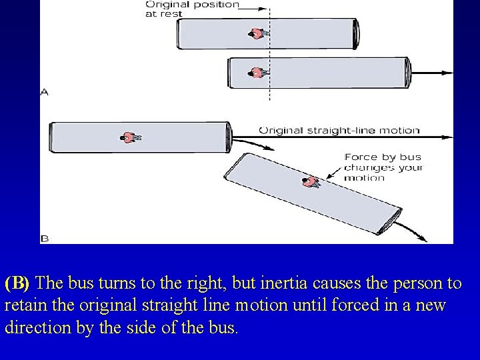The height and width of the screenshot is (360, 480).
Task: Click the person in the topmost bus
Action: [257, 33]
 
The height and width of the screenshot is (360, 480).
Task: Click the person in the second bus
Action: [257, 73]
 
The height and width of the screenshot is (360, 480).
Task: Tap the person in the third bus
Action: [130, 137]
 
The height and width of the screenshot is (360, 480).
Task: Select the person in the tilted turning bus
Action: [309, 181]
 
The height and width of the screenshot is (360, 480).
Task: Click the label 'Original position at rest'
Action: [192, 9]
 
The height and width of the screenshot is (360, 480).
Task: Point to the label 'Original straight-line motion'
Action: [339, 130]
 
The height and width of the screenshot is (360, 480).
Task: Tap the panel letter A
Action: [44, 92]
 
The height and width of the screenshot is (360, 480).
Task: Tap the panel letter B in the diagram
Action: [44, 237]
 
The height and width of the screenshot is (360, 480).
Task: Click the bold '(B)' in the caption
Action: [17, 283]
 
